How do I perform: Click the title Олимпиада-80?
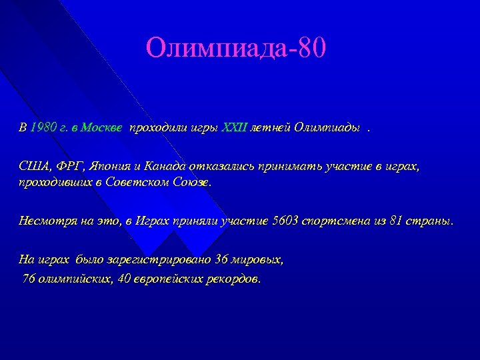(237, 48)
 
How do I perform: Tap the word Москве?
(101, 129)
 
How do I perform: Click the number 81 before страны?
(395, 221)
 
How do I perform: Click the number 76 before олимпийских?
(29, 278)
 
